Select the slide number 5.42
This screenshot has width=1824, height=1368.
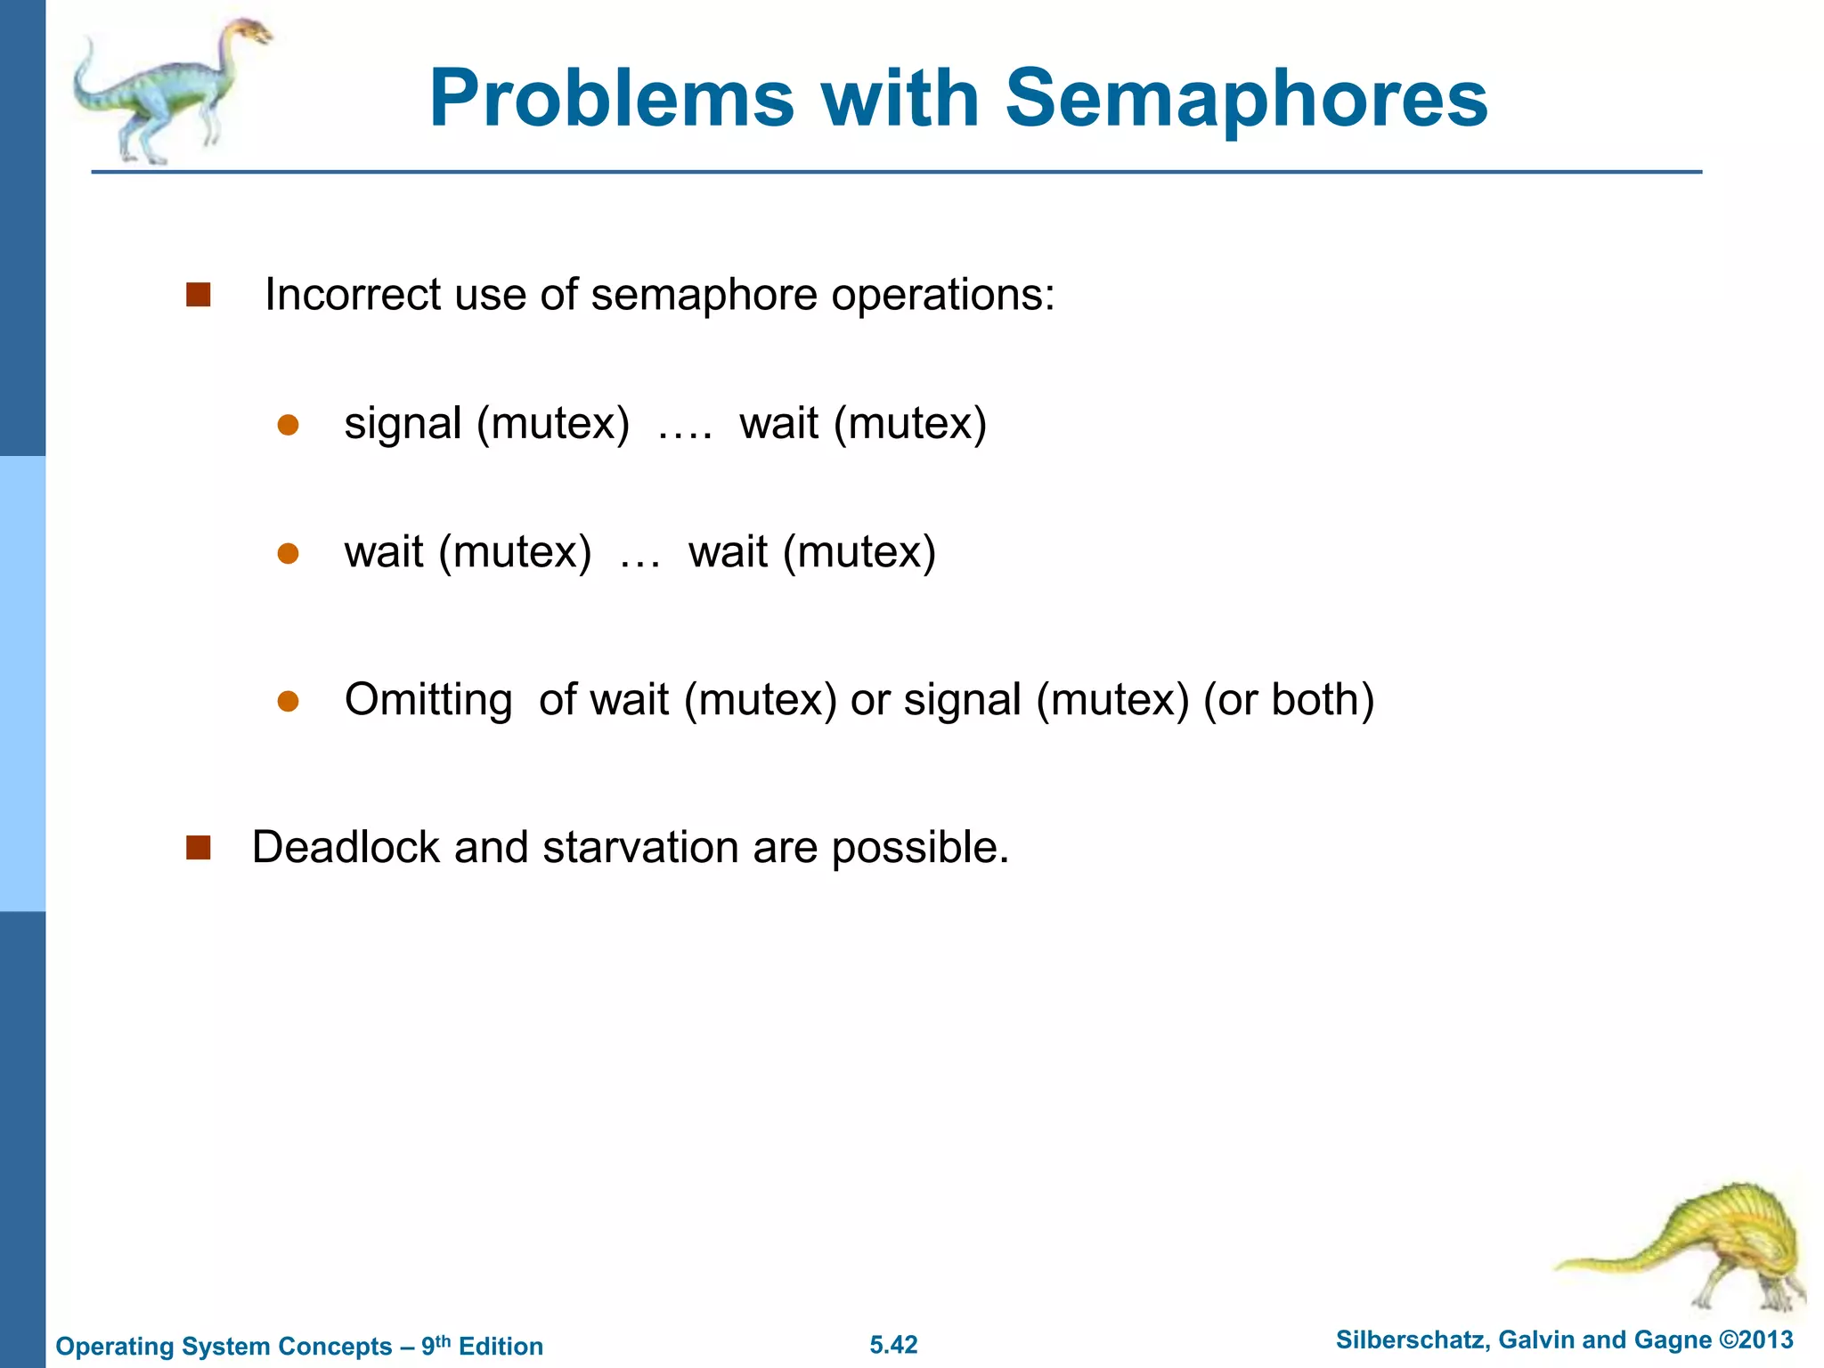(893, 1345)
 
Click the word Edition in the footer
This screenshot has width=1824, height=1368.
(501, 1346)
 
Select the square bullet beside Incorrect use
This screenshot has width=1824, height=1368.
(198, 295)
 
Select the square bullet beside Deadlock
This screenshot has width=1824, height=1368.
(198, 847)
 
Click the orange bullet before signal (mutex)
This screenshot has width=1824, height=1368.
(288, 425)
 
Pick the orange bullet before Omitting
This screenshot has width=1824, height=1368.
(288, 702)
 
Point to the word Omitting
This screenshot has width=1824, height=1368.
(428, 700)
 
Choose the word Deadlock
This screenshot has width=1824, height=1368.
(346, 847)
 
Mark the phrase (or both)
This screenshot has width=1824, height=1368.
(1289, 700)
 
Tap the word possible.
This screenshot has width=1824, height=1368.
(920, 847)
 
